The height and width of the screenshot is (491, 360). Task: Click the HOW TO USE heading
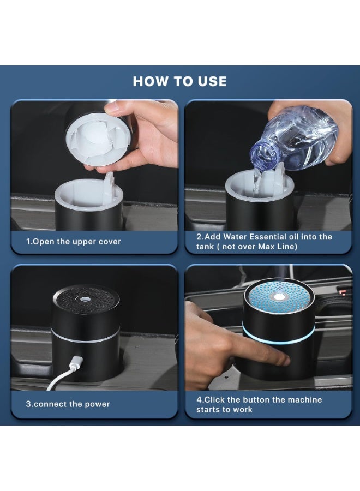[179, 81]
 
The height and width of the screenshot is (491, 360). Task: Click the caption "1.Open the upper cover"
[74, 242]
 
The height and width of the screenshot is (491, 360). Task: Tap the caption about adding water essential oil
[264, 242]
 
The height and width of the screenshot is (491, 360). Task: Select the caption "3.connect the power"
[68, 404]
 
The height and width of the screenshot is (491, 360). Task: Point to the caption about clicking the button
[259, 404]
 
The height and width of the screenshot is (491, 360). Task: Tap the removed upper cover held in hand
[98, 136]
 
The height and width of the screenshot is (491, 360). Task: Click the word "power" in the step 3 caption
[98, 404]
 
